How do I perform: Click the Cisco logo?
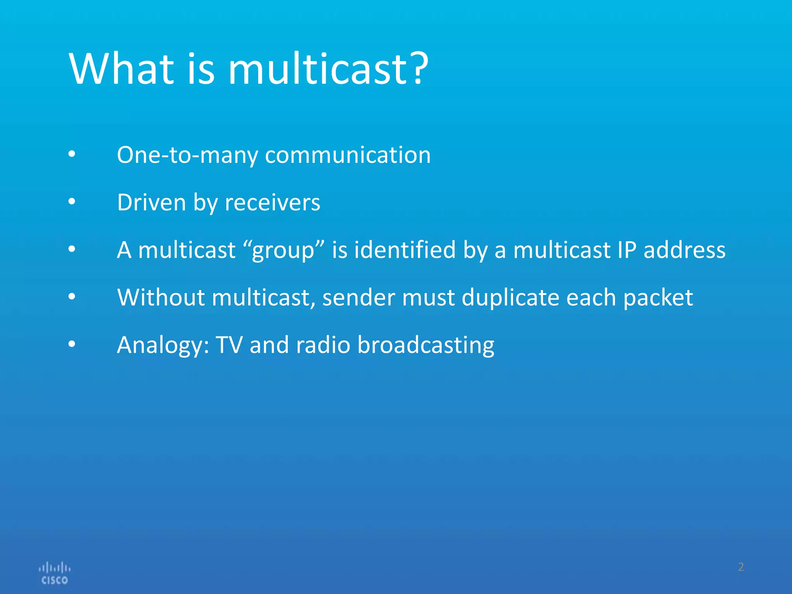pos(55,573)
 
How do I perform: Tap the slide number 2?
pos(741,567)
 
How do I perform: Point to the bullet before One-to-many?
pos(72,154)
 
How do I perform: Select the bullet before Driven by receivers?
pos(72,201)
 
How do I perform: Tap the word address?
pos(684,250)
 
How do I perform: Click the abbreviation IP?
pos(627,250)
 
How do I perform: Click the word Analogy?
pos(163,345)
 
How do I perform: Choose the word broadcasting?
pos(426,345)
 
